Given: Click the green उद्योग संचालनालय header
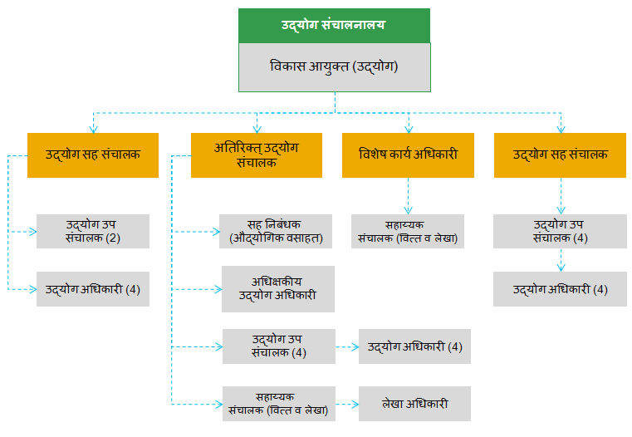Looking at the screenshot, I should pyautogui.click(x=334, y=25).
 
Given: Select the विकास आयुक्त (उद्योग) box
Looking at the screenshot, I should pyautogui.click(x=334, y=66).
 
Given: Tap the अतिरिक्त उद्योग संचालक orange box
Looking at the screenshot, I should pyautogui.click(x=256, y=155).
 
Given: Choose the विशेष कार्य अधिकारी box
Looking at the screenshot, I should pyautogui.click(x=408, y=155).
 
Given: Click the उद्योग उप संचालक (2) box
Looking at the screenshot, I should pyautogui.click(x=92, y=231).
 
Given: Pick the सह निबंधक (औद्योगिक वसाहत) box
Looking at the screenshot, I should pyautogui.click(x=276, y=231).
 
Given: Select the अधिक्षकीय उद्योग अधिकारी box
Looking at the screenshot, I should pyautogui.click(x=277, y=288).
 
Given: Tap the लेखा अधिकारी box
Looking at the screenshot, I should pyautogui.click(x=414, y=404).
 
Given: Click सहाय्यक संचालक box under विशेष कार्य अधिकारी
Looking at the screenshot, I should pyautogui.click(x=408, y=231).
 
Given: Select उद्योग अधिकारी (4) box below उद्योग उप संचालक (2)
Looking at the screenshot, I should pyautogui.click(x=92, y=289).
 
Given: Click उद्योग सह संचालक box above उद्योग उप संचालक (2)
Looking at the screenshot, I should pyautogui.click(x=92, y=155).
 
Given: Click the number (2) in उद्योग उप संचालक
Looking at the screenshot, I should pyautogui.click(x=113, y=238).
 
